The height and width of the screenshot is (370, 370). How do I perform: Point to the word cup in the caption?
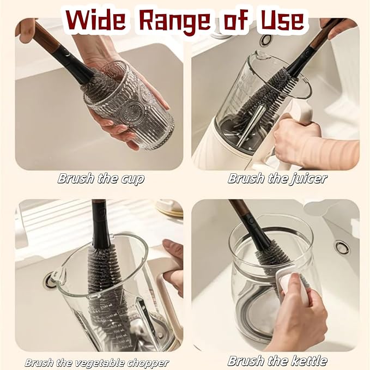point(132,178)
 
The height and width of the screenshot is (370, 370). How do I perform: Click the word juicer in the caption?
point(307,178)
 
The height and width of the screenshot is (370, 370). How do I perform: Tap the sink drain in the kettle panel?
point(342,247)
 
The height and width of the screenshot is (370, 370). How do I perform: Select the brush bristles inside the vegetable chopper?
point(104,272)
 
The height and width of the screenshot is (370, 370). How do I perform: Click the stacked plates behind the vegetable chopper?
point(169,208)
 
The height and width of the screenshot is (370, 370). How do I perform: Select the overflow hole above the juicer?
point(266,39)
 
